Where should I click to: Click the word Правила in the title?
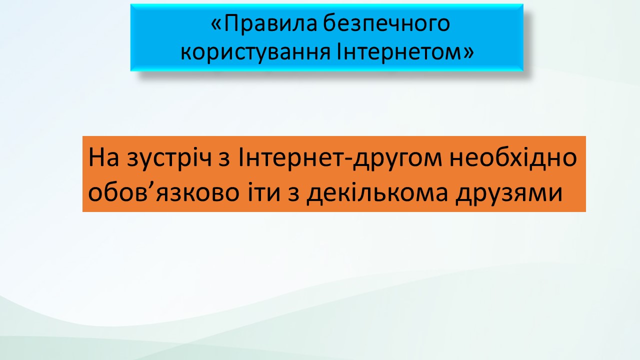(270, 24)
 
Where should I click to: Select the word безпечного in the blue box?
(386, 24)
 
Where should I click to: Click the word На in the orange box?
(103, 157)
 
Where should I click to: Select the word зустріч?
(169, 159)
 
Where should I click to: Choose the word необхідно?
(513, 157)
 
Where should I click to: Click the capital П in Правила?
(231, 23)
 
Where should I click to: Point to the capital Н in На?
(97, 157)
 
